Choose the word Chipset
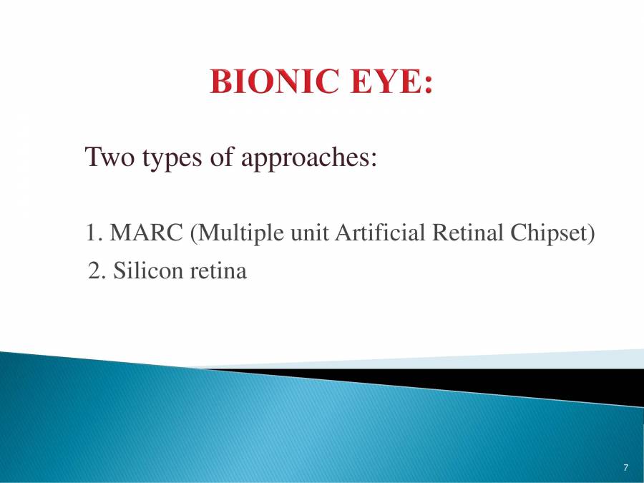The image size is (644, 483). (x=556, y=233)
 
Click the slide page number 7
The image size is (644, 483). (x=625, y=468)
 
